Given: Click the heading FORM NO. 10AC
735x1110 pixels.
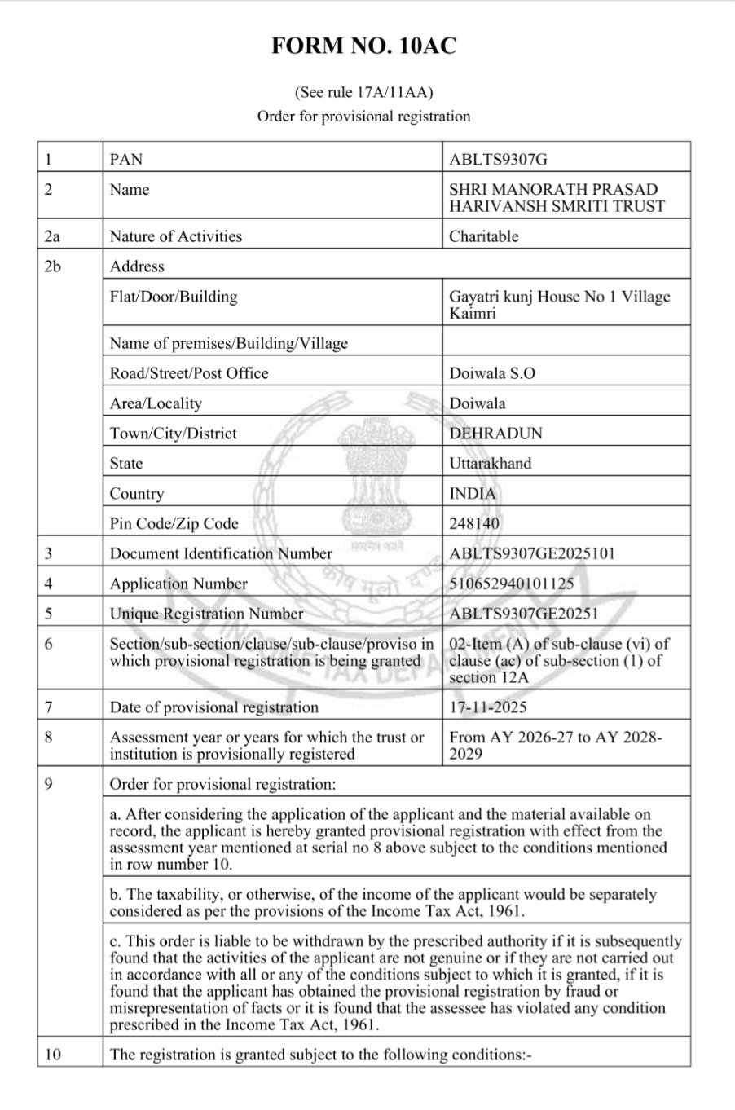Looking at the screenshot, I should pos(363,46).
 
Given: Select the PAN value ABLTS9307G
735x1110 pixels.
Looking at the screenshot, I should pos(504,159).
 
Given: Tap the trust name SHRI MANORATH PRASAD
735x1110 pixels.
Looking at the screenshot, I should pos(553,190).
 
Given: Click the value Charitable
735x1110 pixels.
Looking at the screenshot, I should pos(484,236).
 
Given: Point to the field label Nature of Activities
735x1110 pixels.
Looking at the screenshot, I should pos(176,236).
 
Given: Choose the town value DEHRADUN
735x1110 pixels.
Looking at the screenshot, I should pos(495,434).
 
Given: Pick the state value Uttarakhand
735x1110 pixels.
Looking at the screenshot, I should pos(490,464).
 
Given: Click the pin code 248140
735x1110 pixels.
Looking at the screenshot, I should pos(474,524).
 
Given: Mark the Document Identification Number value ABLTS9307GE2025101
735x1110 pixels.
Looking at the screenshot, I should pos(532,554).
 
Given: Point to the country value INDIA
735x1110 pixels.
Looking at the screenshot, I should pos(472,494).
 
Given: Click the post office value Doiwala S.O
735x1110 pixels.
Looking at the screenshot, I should pos(492,373).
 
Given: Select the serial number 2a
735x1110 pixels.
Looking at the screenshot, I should pos(53,236).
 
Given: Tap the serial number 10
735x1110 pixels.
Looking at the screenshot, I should pos(53,1055).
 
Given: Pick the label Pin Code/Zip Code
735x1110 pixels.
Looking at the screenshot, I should pos(174,524).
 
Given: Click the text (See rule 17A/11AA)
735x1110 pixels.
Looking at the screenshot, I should pos(363,92).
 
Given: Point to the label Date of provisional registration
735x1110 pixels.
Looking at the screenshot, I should pos(214,707).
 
